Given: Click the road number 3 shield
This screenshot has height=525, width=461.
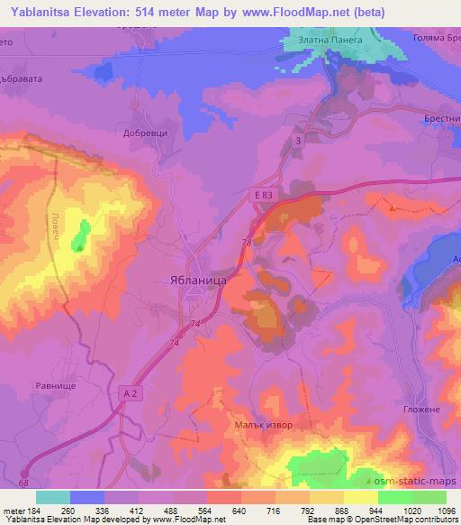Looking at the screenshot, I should click(298, 139).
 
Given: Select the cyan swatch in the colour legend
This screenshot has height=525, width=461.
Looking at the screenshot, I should click(53, 497).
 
